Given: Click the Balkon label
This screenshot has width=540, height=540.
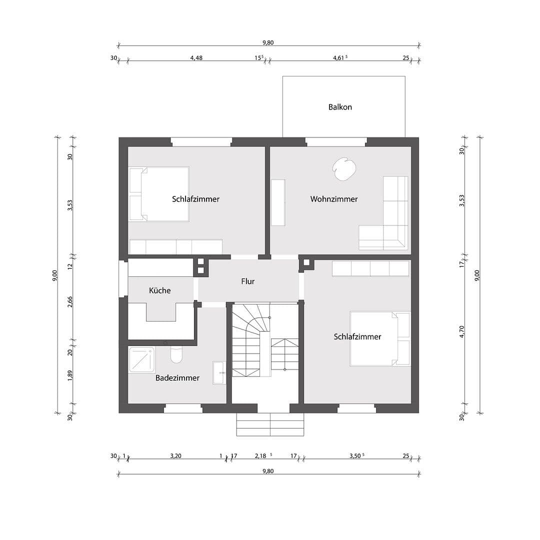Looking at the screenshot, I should click(x=340, y=107).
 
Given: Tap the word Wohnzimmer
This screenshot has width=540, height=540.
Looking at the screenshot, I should click(x=334, y=199).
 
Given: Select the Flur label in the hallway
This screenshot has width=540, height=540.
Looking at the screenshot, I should click(x=248, y=281).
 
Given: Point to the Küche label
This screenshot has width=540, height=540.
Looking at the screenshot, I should click(x=160, y=290).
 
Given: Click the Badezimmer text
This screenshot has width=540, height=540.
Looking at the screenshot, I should click(x=177, y=378).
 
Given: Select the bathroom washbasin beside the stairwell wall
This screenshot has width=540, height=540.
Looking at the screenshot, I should click(x=219, y=372).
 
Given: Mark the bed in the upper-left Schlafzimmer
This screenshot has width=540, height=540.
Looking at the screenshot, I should click(x=159, y=194).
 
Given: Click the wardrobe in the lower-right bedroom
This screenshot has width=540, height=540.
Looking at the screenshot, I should click(x=370, y=268).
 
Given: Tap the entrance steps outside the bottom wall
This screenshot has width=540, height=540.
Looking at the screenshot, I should click(x=270, y=424).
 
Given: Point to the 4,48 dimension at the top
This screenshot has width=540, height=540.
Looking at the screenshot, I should click(x=196, y=58).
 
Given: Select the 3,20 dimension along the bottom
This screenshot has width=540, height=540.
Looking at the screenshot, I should click(x=175, y=456).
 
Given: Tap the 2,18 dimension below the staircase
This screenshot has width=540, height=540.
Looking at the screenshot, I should click(x=261, y=456).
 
